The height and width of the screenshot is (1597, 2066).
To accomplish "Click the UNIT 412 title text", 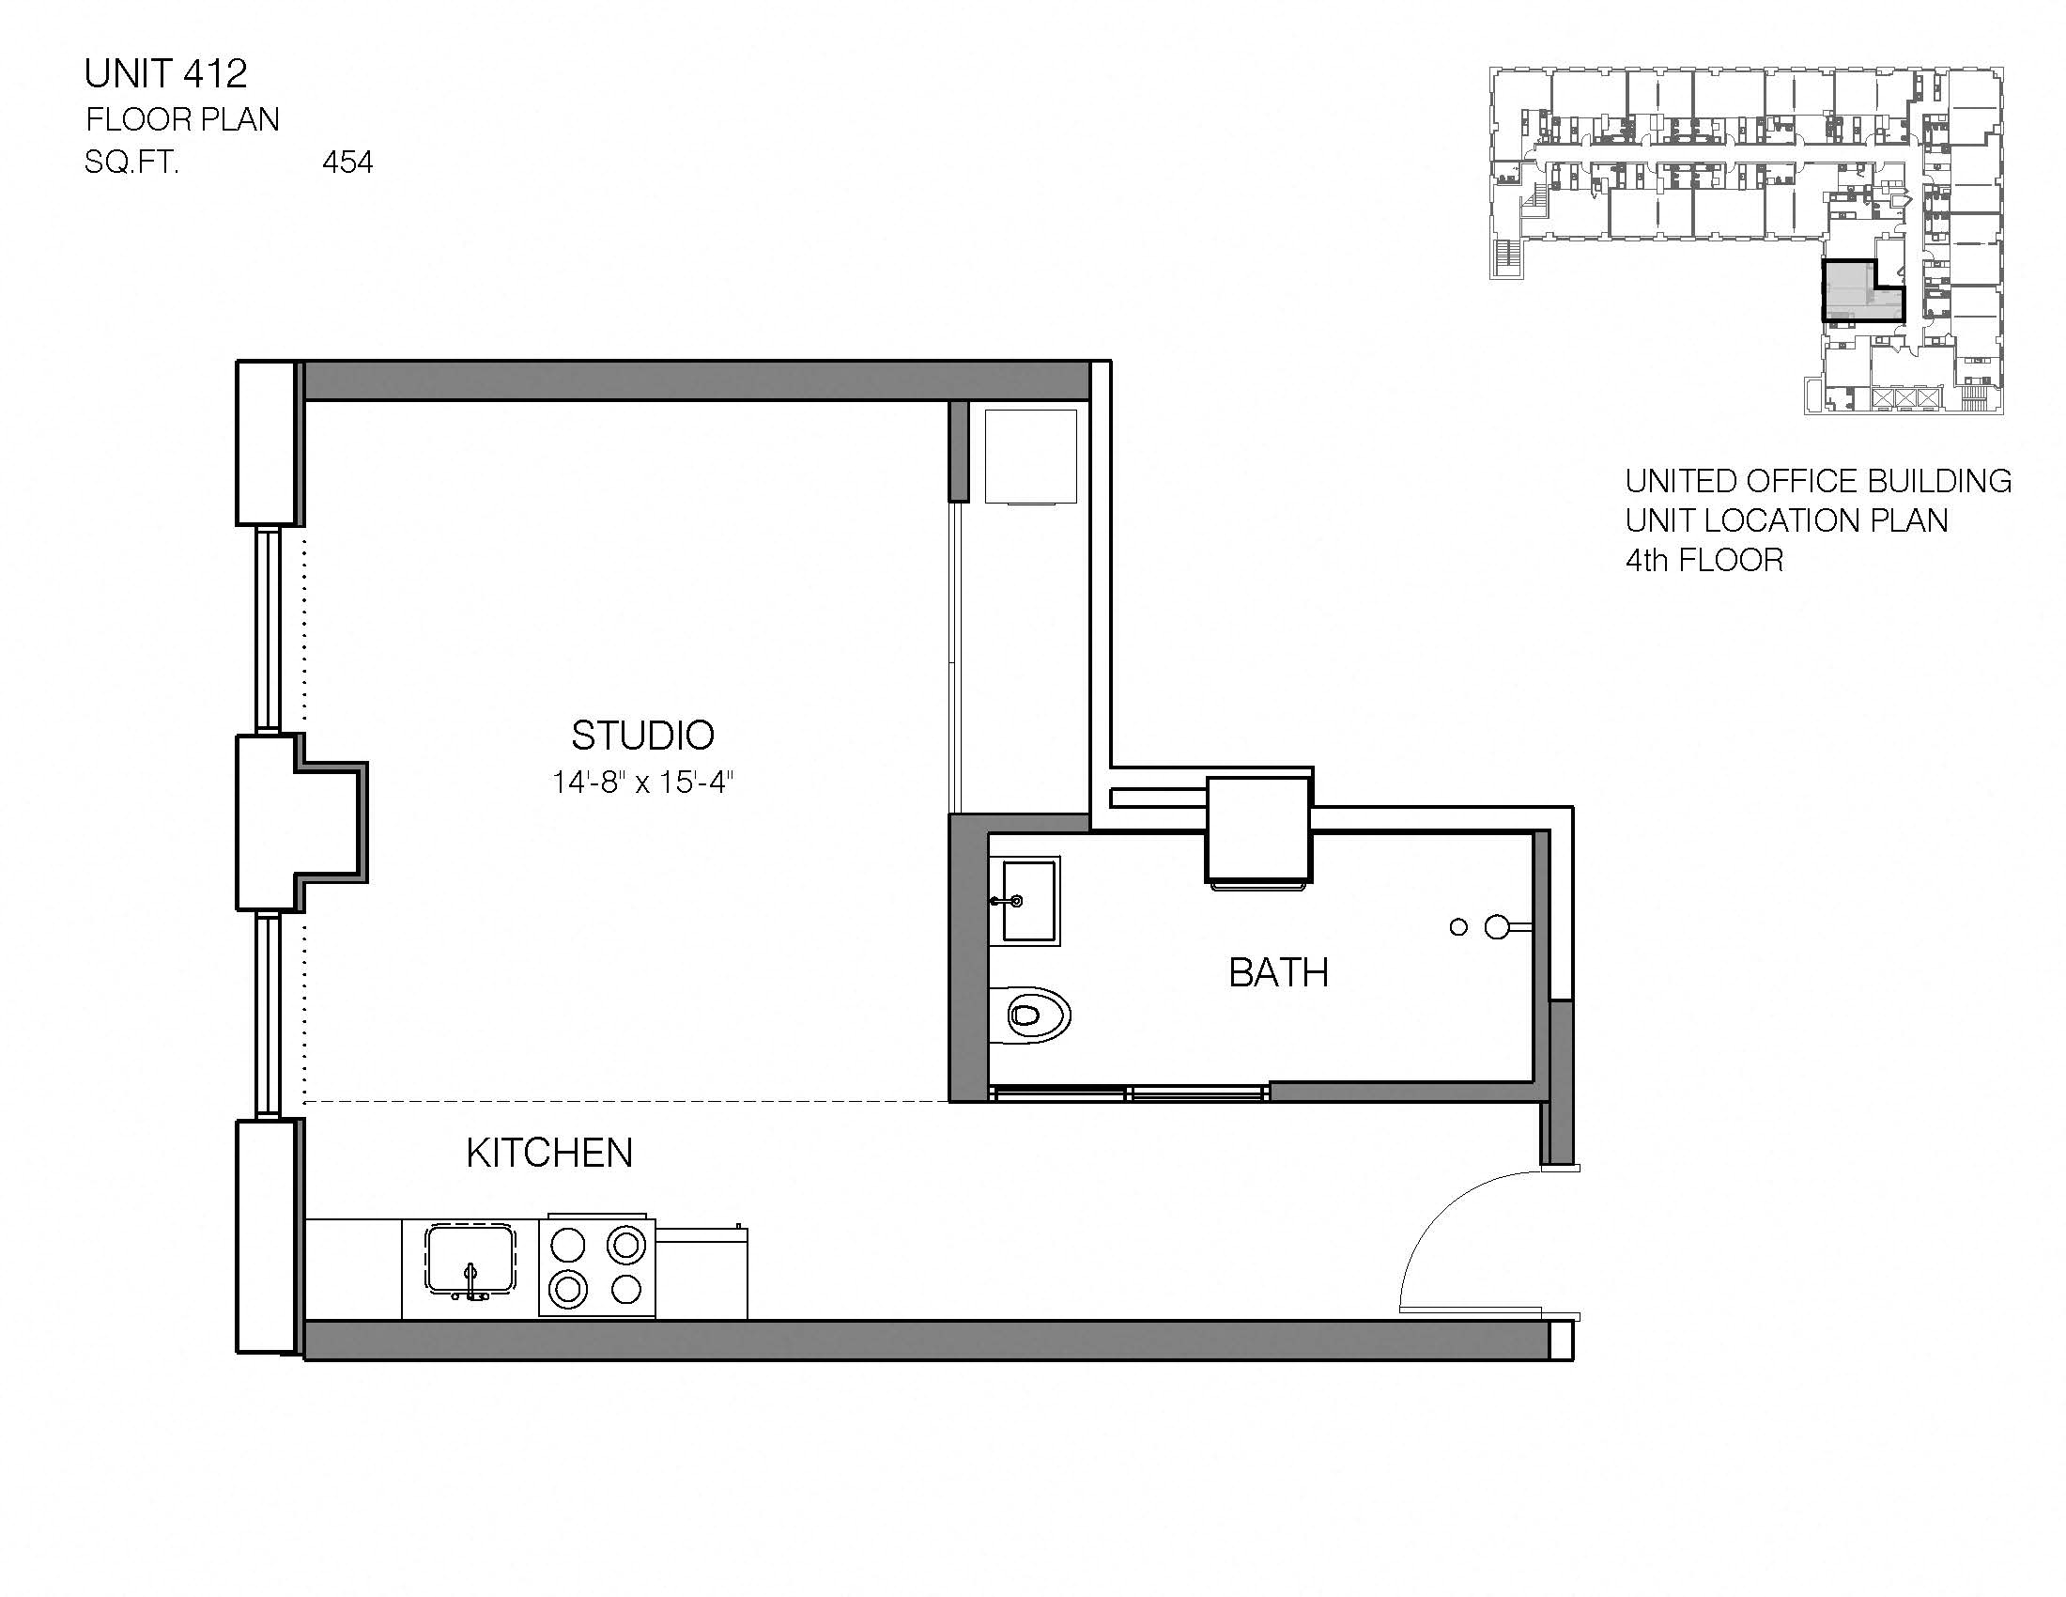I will click(165, 74).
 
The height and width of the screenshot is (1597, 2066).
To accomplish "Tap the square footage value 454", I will click(347, 163).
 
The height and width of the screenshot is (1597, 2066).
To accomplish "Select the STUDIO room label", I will click(642, 736).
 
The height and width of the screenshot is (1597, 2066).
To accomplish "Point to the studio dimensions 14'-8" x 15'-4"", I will click(642, 783).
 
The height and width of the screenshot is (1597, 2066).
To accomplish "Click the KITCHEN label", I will click(548, 1154).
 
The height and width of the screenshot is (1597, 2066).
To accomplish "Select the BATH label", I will click(1278, 972).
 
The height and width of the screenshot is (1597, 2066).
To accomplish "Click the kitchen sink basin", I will click(470, 1258).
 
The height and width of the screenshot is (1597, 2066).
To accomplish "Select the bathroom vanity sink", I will click(1027, 901).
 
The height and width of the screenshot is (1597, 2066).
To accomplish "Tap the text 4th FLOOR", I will click(1704, 561).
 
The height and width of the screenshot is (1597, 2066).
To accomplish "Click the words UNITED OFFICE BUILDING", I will click(1817, 482).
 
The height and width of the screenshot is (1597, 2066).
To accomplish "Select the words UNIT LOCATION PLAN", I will click(1786, 521).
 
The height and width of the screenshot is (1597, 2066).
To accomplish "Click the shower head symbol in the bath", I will click(1497, 927).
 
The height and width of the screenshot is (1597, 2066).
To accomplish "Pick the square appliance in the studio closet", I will click(1030, 456).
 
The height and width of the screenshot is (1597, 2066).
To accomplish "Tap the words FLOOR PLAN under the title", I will click(182, 120).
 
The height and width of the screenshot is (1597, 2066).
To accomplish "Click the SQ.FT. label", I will click(131, 163).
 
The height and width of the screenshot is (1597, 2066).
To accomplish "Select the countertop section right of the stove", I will click(701, 1273).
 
